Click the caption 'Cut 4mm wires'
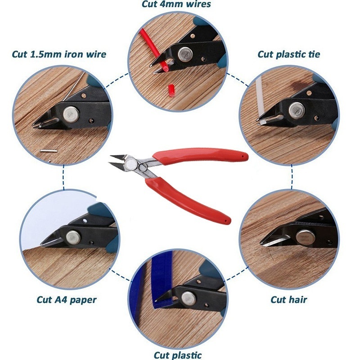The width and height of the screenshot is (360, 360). click(x=176, y=4)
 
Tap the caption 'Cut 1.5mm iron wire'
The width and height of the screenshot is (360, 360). click(x=59, y=54)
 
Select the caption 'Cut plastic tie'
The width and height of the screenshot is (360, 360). click(x=288, y=54)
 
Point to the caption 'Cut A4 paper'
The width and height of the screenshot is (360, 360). click(x=67, y=300)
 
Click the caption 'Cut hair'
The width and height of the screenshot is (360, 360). click(x=288, y=300)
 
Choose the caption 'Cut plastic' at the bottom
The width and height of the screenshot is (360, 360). click(x=178, y=355)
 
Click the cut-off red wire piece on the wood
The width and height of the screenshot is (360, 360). click(x=171, y=90)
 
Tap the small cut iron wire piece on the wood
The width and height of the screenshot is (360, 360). click(x=48, y=151)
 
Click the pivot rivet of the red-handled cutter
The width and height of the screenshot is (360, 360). click(x=130, y=163)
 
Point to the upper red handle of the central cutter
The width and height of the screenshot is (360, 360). click(x=200, y=156)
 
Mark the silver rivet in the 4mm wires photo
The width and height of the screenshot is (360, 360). click(x=185, y=54)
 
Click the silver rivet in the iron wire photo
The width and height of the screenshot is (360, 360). click(x=71, y=114)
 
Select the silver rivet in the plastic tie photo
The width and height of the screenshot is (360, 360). click(x=297, y=110)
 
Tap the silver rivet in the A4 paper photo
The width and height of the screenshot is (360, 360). click(x=73, y=238)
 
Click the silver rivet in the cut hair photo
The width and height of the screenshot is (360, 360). click(x=306, y=237)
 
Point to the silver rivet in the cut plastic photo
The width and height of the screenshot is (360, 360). click(x=189, y=298)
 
